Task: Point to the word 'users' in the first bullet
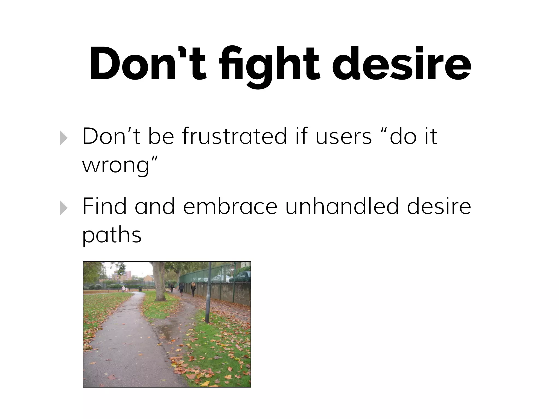point(343,136)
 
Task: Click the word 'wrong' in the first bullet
point(116,165)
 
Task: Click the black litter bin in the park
point(140,289)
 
